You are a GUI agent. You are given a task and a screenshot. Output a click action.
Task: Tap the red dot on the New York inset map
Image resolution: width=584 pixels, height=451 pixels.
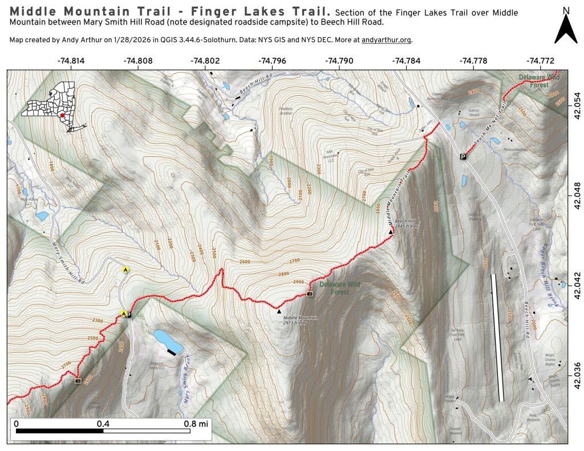coord(62,115)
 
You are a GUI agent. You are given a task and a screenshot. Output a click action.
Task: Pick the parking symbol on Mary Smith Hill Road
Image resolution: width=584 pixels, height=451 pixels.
coord(128,315)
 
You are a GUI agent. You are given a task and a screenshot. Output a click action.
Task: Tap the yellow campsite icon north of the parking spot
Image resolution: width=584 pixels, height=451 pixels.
coord(125,269)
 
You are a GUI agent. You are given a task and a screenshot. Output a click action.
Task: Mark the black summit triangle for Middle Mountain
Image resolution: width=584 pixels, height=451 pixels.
coord(279,311)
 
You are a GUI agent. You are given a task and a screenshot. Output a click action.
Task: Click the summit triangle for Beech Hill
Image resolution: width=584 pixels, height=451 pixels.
coord(391,232)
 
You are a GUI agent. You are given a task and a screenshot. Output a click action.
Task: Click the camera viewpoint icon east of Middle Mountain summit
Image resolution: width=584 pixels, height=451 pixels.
coord(310,294)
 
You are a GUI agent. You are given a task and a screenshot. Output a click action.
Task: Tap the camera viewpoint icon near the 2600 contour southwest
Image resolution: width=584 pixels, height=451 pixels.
coord(78,380)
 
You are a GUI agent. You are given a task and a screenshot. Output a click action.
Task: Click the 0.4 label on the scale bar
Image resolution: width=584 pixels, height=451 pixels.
coord(103,424)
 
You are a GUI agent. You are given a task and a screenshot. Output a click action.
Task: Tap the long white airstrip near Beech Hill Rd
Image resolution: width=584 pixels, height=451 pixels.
coord(497,336)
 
